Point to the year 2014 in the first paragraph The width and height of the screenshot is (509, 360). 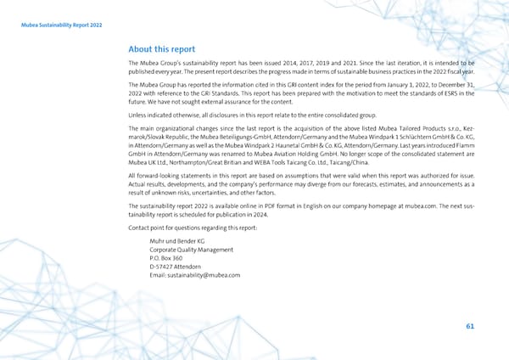(x=321, y=64)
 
